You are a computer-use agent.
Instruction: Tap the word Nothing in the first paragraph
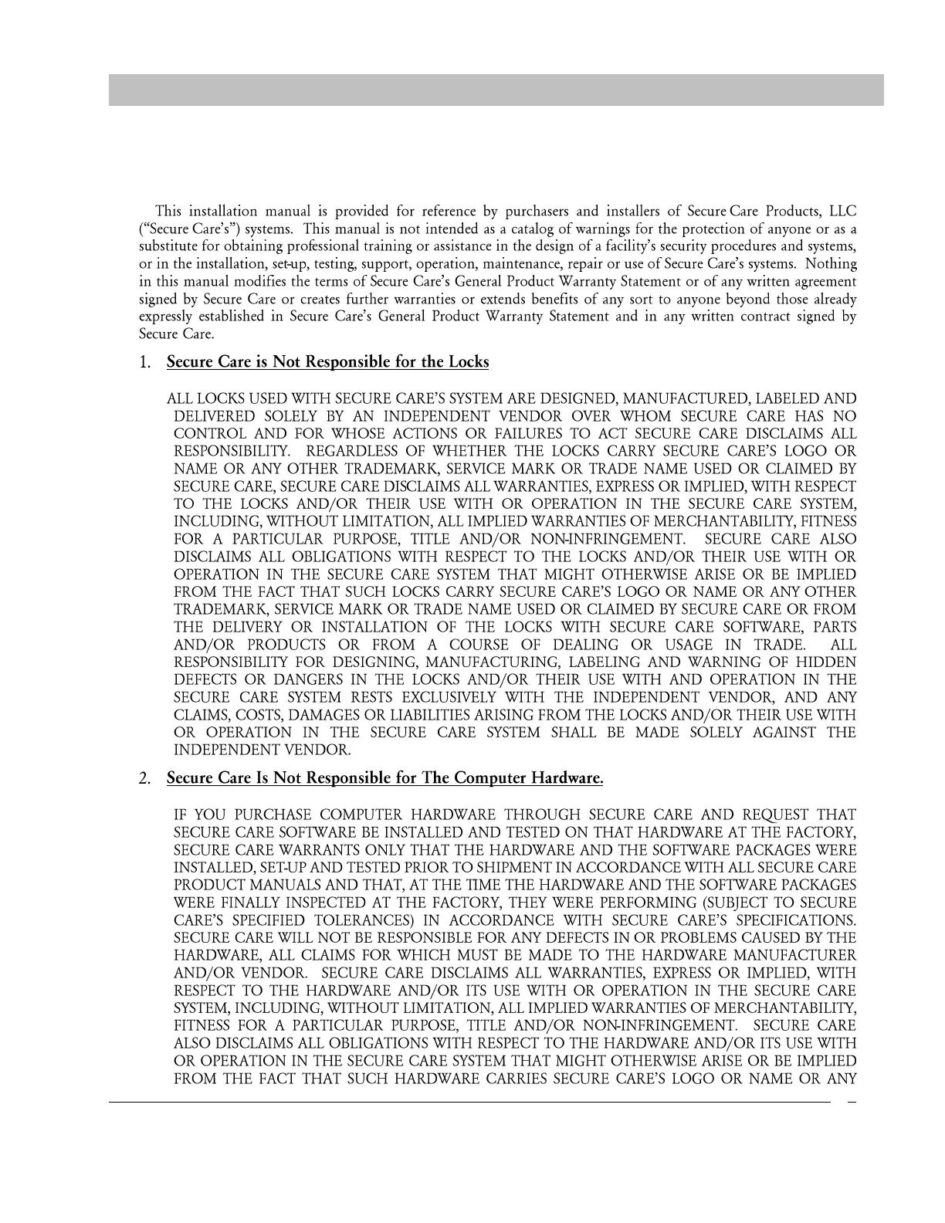831,264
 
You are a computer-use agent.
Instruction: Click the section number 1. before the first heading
145,362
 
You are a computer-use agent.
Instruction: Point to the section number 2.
145,778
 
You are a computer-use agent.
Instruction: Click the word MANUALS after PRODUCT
273,885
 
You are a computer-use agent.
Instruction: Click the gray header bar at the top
496,90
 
